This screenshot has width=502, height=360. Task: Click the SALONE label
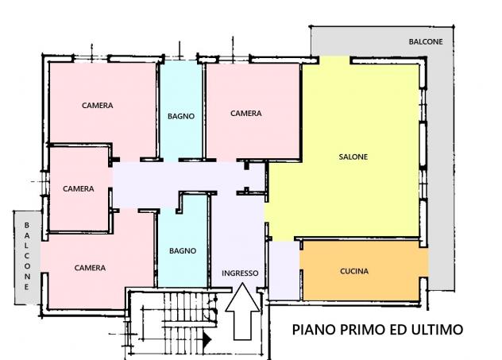pos(353,157)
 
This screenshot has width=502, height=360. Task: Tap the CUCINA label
pos(354,271)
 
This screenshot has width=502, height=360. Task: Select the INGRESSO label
pos(240,273)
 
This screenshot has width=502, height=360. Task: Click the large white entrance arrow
pos(242,311)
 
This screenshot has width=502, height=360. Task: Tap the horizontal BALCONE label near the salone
pos(426,41)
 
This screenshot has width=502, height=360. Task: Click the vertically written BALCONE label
pos(27,256)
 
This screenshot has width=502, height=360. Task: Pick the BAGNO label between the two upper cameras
pos(181,116)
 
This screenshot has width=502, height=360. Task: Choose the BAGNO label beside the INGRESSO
pos(183,251)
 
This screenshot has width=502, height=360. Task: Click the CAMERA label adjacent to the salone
pos(246,114)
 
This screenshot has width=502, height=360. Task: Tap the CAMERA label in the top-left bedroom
pos(98,106)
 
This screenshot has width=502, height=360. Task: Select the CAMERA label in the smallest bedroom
pos(79,188)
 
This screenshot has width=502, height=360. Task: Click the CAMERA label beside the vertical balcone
pos(90,268)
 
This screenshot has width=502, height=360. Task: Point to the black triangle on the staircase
pos(207,339)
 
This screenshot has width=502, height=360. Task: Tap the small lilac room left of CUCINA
pos(284,271)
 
